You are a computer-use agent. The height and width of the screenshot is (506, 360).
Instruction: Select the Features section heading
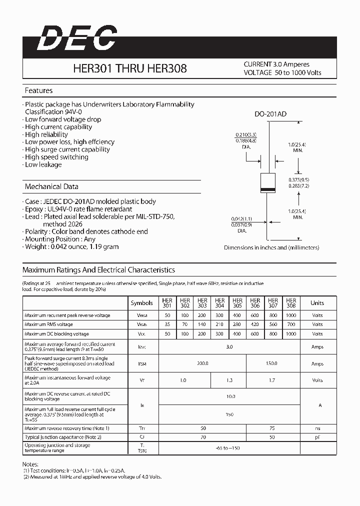(x=38, y=90)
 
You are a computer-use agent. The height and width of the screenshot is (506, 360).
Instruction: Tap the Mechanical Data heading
(x=51, y=186)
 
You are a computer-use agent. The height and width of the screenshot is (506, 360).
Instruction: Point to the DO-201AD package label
(x=270, y=114)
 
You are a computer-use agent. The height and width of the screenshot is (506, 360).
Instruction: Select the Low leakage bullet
(x=43, y=164)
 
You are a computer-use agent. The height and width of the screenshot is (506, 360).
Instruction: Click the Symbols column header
(x=142, y=303)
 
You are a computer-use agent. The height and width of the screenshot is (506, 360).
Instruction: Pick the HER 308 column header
(x=290, y=303)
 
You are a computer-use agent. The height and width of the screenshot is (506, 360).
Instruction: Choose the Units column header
(x=317, y=303)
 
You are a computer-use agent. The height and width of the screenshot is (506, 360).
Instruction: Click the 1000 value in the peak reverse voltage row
(x=290, y=315)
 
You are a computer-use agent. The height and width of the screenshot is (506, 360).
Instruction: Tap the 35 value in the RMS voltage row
(x=167, y=324)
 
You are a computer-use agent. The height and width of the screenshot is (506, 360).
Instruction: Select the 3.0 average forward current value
(x=229, y=346)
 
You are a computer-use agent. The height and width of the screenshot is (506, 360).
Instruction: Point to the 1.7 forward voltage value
(x=272, y=380)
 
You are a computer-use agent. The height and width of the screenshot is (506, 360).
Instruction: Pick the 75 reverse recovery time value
(x=272, y=428)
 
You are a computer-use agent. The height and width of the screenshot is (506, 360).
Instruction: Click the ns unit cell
(x=317, y=428)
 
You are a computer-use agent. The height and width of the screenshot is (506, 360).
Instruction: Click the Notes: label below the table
(x=31, y=464)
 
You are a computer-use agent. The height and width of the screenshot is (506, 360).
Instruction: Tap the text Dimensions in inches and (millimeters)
(x=271, y=247)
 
